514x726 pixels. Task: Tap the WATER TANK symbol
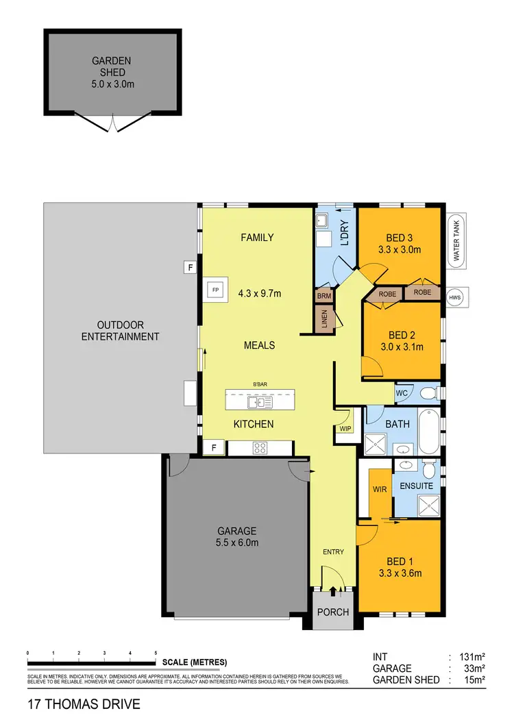click(x=456, y=240)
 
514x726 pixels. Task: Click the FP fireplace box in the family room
click(x=215, y=290)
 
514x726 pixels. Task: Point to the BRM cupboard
click(x=323, y=296)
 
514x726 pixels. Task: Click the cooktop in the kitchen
click(x=260, y=449)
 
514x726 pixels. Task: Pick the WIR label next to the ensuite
click(x=379, y=490)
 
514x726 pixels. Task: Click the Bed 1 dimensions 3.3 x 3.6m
click(x=400, y=573)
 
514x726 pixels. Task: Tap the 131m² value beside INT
click(x=473, y=655)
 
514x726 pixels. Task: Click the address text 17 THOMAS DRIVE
click(x=84, y=704)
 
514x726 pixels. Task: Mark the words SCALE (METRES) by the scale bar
click(x=195, y=662)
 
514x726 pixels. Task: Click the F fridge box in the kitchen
click(x=215, y=447)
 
